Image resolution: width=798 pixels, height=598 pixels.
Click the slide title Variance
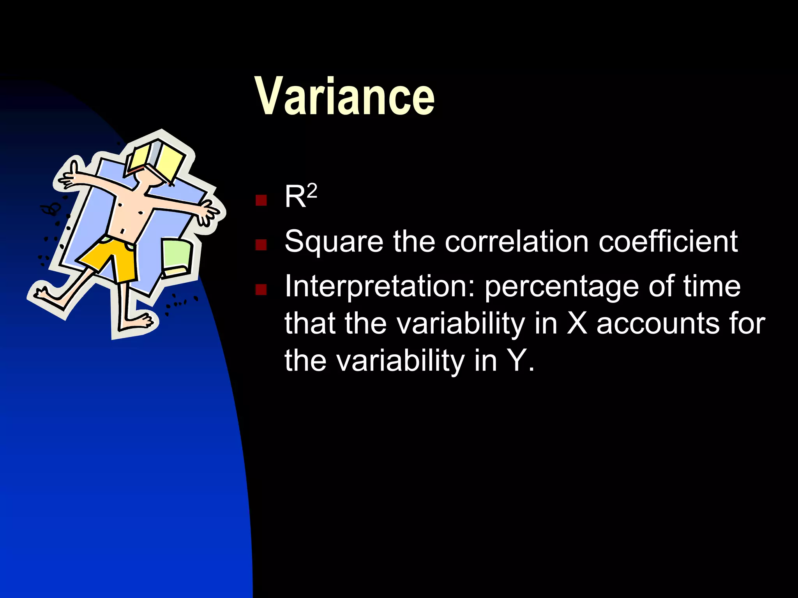point(344,96)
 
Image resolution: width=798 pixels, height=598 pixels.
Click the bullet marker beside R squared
point(261,200)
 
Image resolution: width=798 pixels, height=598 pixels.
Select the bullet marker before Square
point(261,244)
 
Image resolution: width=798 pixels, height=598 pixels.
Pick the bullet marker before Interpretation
point(261,289)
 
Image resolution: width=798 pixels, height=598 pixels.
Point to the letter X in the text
point(577,323)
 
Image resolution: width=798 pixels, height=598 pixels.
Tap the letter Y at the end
point(518,360)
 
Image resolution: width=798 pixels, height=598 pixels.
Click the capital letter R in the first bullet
point(295,197)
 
